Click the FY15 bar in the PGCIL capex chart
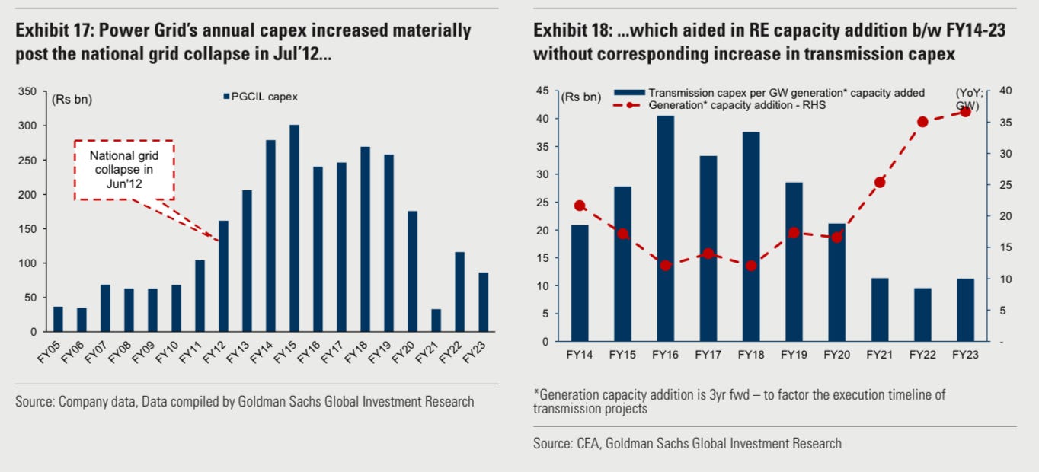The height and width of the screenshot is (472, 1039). click(294, 228)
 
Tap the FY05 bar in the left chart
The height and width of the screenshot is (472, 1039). click(58, 319)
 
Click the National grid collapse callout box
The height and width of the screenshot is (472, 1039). click(123, 171)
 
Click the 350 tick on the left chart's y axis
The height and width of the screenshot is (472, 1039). click(27, 91)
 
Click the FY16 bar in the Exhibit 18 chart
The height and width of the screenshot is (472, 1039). click(665, 228)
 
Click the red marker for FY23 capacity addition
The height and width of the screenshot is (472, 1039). click(965, 111)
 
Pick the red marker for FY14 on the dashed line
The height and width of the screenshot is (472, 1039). click(580, 206)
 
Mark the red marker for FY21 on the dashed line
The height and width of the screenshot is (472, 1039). click(880, 182)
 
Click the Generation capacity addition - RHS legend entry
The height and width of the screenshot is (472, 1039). click(735, 105)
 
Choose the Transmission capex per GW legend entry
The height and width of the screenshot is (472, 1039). click(785, 93)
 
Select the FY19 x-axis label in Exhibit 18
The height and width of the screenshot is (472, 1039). click(794, 354)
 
